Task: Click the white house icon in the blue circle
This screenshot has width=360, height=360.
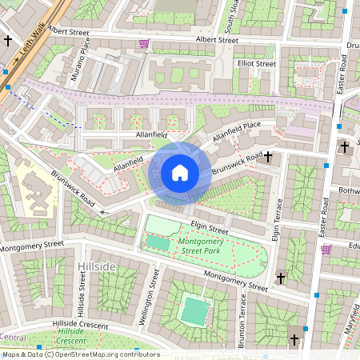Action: click(x=180, y=172)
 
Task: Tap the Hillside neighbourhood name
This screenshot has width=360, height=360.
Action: click(x=98, y=266)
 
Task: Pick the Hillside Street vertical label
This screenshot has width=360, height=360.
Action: click(x=81, y=293)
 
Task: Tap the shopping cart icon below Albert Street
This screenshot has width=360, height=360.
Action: click(x=144, y=43)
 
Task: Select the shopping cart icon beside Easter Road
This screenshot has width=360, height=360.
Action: click(x=326, y=249)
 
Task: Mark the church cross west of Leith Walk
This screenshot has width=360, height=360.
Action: click(x=8, y=39)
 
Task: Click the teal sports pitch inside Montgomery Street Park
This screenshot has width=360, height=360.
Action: click(x=158, y=242)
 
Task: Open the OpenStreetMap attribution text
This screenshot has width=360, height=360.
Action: click(x=80, y=354)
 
